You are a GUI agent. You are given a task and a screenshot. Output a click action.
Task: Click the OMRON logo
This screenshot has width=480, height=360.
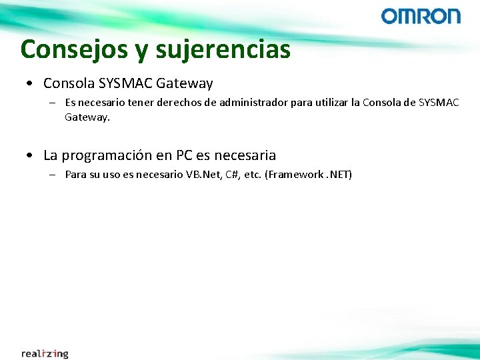click(x=421, y=16)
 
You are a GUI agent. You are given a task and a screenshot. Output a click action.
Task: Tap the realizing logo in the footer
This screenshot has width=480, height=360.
click(x=45, y=353)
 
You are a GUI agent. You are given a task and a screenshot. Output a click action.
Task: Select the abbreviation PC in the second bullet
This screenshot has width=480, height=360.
click(x=184, y=155)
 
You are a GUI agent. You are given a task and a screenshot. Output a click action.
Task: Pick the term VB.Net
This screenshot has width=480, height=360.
click(x=197, y=175)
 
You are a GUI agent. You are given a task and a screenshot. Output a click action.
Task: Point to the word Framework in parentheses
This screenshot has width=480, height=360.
click(x=295, y=175)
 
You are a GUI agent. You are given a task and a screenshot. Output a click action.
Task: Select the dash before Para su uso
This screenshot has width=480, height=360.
click(x=52, y=175)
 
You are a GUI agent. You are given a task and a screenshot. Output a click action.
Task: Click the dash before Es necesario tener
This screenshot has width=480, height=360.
click(x=52, y=103)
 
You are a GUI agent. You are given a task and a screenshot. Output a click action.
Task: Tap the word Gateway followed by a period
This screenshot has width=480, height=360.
click(x=87, y=117)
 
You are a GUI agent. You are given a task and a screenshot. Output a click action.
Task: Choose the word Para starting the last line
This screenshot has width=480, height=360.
click(x=75, y=175)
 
